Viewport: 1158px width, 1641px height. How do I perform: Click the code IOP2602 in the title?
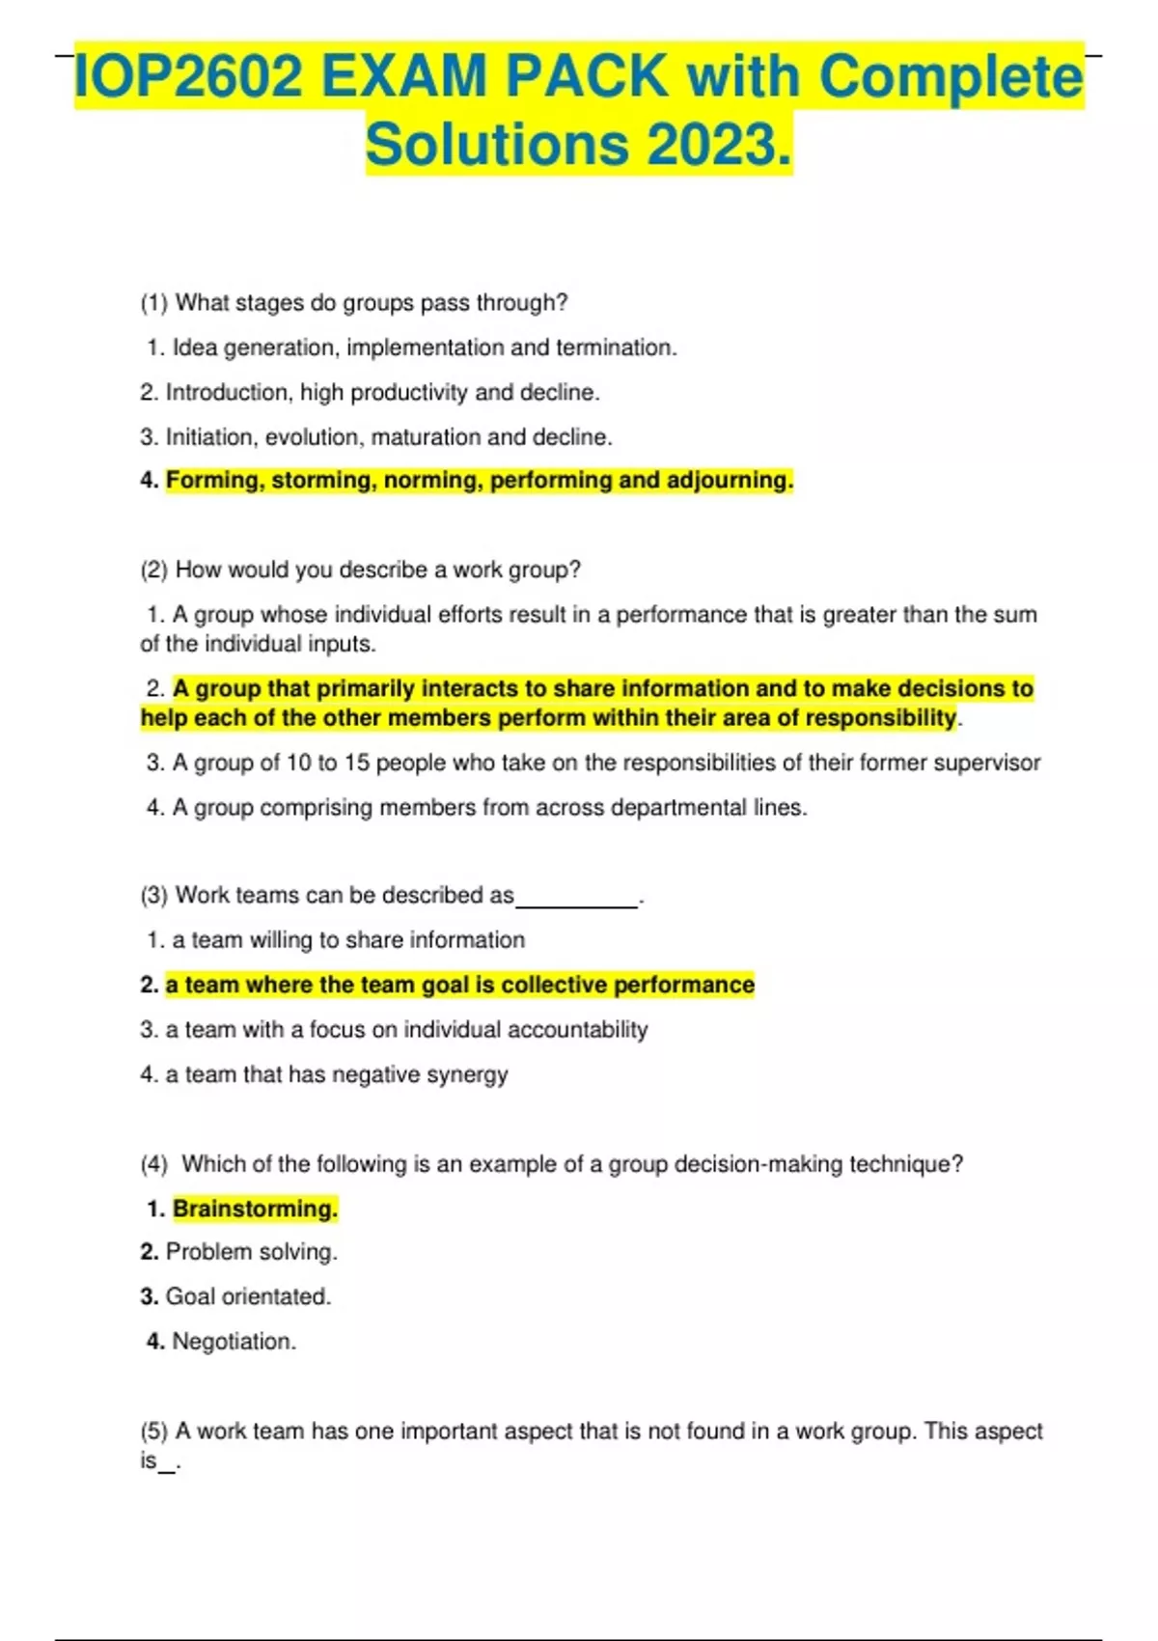coord(188,77)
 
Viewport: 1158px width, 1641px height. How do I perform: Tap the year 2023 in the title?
coord(718,145)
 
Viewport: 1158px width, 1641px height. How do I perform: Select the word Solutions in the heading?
coord(498,145)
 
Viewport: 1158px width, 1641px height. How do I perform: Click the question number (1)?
coord(154,303)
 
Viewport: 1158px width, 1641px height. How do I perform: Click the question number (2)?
coord(154,570)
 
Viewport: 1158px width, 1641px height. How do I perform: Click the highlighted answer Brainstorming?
coord(255,1210)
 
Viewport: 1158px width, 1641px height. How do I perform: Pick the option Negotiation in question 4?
coord(234,1342)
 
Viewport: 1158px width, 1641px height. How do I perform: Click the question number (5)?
coord(154,1432)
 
